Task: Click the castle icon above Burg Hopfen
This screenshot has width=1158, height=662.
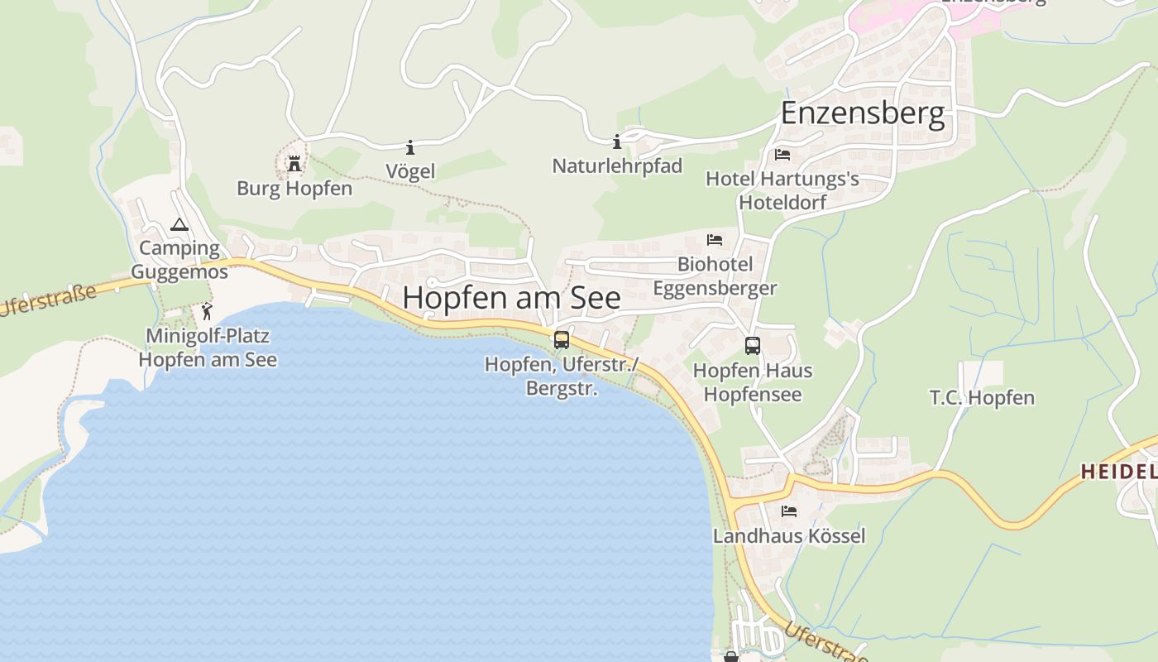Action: pyautogui.click(x=294, y=164)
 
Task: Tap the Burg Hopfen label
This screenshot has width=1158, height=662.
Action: pyautogui.click(x=294, y=189)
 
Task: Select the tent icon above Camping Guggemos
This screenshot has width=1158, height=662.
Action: pyautogui.click(x=179, y=224)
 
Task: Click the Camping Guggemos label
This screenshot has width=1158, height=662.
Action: pyautogui.click(x=179, y=260)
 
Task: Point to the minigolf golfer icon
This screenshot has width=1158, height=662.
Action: pyautogui.click(x=207, y=312)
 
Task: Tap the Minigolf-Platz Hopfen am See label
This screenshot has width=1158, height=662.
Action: pyautogui.click(x=208, y=348)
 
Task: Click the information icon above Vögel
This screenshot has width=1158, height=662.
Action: pyautogui.click(x=410, y=147)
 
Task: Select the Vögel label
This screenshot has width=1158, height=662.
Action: pyautogui.click(x=410, y=171)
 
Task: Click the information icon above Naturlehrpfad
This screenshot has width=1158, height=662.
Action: pyautogui.click(x=616, y=142)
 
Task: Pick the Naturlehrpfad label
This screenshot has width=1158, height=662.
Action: pyautogui.click(x=617, y=166)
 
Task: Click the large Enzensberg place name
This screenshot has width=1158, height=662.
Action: pyautogui.click(x=863, y=113)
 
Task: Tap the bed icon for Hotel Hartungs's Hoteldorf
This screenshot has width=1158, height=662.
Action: pyautogui.click(x=782, y=155)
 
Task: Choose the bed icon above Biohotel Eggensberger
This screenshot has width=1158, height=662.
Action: pyautogui.click(x=715, y=240)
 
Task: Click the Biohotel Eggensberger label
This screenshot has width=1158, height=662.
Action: pyautogui.click(x=715, y=276)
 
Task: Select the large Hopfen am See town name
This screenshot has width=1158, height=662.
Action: pyautogui.click(x=511, y=298)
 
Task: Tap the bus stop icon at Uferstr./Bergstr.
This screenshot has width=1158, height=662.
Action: pyautogui.click(x=562, y=339)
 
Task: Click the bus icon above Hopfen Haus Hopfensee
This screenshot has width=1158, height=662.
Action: pyautogui.click(x=753, y=346)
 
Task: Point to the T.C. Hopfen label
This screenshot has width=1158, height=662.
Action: pyautogui.click(x=982, y=398)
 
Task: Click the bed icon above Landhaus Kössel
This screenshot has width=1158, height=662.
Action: pyautogui.click(x=789, y=511)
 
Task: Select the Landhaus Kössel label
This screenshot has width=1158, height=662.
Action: pyautogui.click(x=789, y=536)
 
